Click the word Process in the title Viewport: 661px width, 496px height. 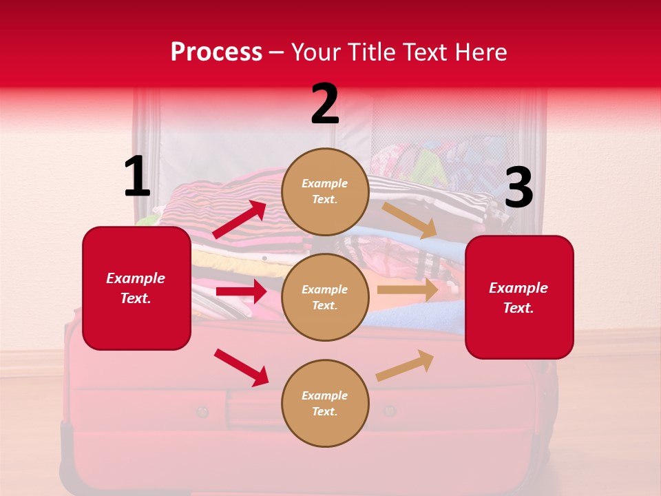(216, 52)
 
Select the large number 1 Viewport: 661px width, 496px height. (137, 177)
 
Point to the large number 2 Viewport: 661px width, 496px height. (325, 105)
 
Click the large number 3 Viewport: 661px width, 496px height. (518, 188)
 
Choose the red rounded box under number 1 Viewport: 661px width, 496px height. (136, 288)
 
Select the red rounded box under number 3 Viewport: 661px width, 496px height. (519, 298)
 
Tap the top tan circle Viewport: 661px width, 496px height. (325, 192)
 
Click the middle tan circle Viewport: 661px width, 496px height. (325, 297)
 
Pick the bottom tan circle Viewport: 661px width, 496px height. (325, 403)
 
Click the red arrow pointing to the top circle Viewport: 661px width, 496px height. (240, 220)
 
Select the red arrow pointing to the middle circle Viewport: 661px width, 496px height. (241, 291)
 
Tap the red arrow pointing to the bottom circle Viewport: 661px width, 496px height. (241, 367)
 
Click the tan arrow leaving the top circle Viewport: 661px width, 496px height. (410, 220)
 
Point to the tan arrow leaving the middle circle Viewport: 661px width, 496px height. (408, 290)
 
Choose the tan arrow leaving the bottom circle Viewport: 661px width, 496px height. (405, 366)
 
